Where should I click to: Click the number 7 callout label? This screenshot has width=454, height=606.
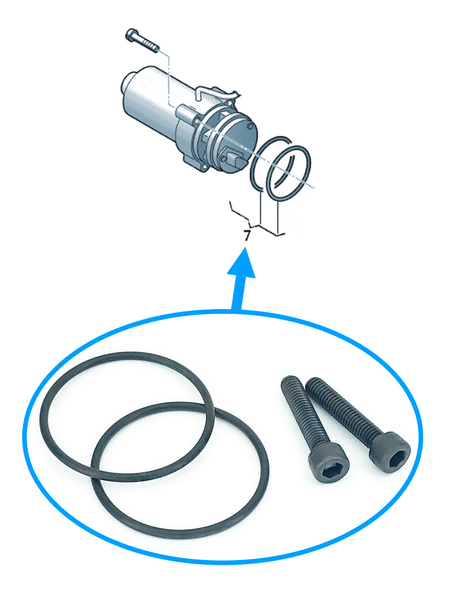pos(248,235)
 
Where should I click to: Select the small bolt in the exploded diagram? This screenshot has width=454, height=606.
pos(142,41)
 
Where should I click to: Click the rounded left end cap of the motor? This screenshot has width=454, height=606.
pos(128,82)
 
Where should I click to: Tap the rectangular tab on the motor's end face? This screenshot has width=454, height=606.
pos(235,158)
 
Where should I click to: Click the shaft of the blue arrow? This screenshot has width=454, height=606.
pos(237,294)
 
